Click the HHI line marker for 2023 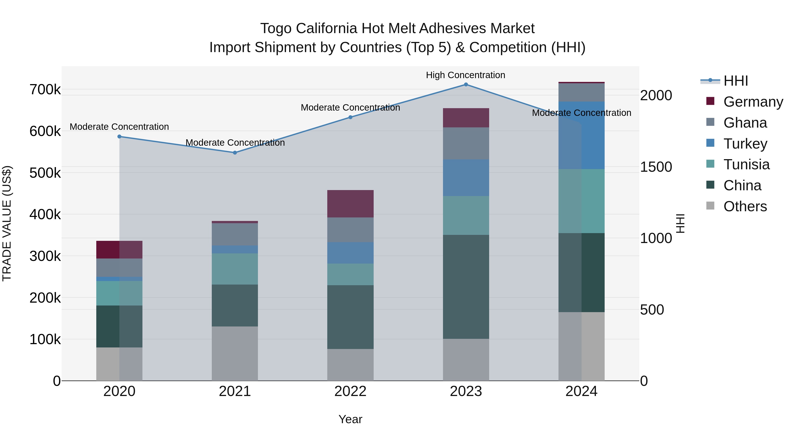pyautogui.click(x=466, y=85)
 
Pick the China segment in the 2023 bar pyautogui.click(x=466, y=287)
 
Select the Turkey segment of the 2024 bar pyautogui.click(x=581, y=135)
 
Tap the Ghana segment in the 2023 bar pyautogui.click(x=466, y=143)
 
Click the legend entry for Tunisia pyautogui.click(x=746, y=164)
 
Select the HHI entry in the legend pyautogui.click(x=735, y=81)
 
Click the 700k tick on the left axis pyautogui.click(x=45, y=90)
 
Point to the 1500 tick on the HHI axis pyautogui.click(x=656, y=167)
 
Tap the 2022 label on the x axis pyautogui.click(x=350, y=391)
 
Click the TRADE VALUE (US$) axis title pyautogui.click(x=7, y=223)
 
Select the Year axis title pyautogui.click(x=350, y=419)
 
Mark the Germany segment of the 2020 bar pyautogui.click(x=119, y=250)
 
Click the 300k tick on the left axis pyautogui.click(x=45, y=256)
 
